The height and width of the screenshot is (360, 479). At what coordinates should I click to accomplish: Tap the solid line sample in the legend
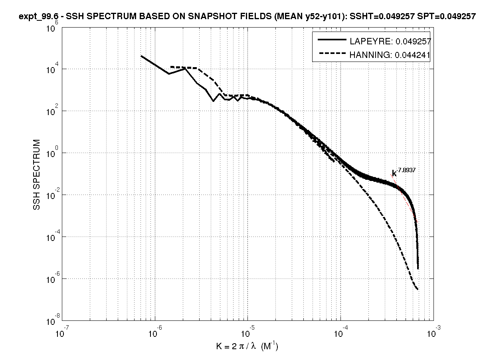coord(331,40)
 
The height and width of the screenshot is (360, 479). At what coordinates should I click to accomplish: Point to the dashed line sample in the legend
coord(331,54)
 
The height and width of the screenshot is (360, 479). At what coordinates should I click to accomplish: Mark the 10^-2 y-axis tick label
coord(50,194)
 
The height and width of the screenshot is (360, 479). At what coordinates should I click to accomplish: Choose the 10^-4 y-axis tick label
coord(50,236)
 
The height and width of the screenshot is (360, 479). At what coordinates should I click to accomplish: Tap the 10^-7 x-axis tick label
coord(61,332)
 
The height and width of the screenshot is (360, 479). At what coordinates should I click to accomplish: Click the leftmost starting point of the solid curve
coord(141,56)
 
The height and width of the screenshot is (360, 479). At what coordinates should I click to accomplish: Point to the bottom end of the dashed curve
coord(418,289)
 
